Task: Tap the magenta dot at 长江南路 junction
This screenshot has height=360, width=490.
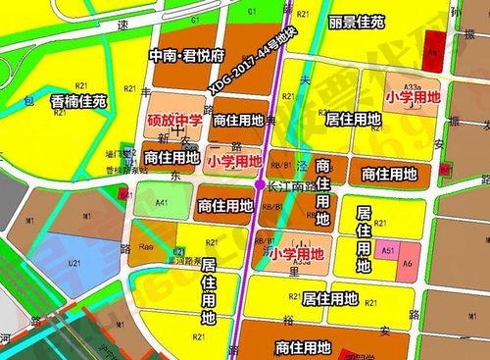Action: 259,183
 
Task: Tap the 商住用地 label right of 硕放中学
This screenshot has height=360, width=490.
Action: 237,121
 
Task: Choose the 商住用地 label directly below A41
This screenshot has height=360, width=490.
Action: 224,206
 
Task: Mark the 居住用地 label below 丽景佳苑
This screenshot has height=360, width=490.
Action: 352,120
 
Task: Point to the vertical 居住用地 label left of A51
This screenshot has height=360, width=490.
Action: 364,239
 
